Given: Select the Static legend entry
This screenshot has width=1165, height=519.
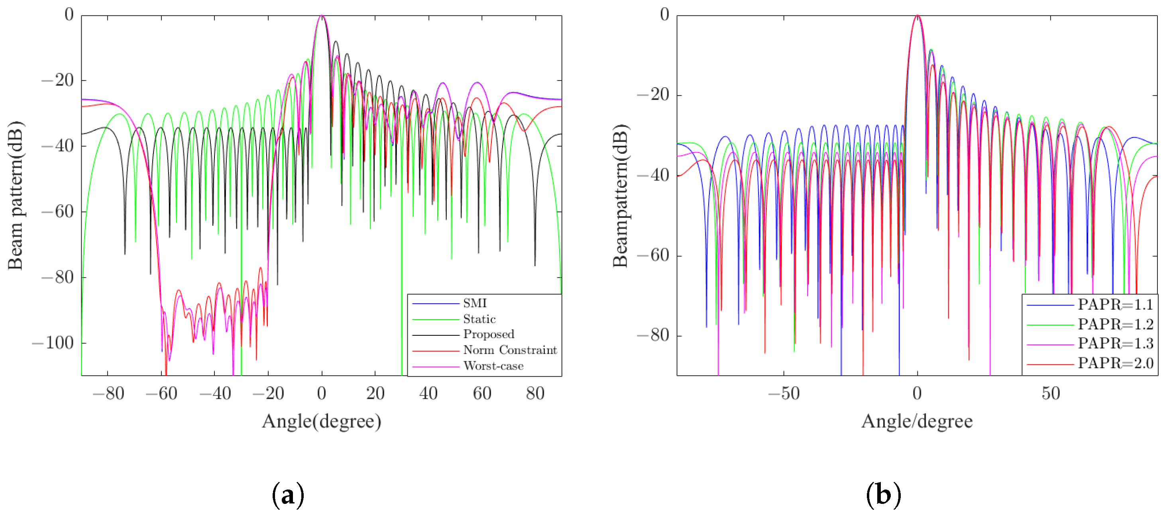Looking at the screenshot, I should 479,319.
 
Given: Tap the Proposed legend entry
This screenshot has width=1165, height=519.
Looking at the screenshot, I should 488,334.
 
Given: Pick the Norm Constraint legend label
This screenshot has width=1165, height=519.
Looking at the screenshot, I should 510,350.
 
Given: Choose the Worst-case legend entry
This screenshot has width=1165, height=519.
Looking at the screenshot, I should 493,366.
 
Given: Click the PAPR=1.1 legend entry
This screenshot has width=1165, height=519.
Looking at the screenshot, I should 1115,305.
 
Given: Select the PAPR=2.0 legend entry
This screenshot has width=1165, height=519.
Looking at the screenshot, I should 1115,363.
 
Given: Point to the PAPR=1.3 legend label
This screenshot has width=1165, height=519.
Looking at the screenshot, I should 1115,344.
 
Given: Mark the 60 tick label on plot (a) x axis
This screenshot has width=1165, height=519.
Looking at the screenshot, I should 482,393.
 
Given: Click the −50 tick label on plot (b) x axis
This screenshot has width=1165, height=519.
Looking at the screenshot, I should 784,393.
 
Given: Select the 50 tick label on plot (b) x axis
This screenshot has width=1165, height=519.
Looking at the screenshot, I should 1051,393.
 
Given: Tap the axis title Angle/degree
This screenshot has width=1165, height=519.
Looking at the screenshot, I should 917,421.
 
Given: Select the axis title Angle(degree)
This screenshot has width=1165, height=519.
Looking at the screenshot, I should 322,421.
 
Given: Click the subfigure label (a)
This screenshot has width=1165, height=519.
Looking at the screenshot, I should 288,495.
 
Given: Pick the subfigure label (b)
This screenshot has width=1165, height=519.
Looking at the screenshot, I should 883,495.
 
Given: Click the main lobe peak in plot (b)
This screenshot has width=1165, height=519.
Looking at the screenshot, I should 917,16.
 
